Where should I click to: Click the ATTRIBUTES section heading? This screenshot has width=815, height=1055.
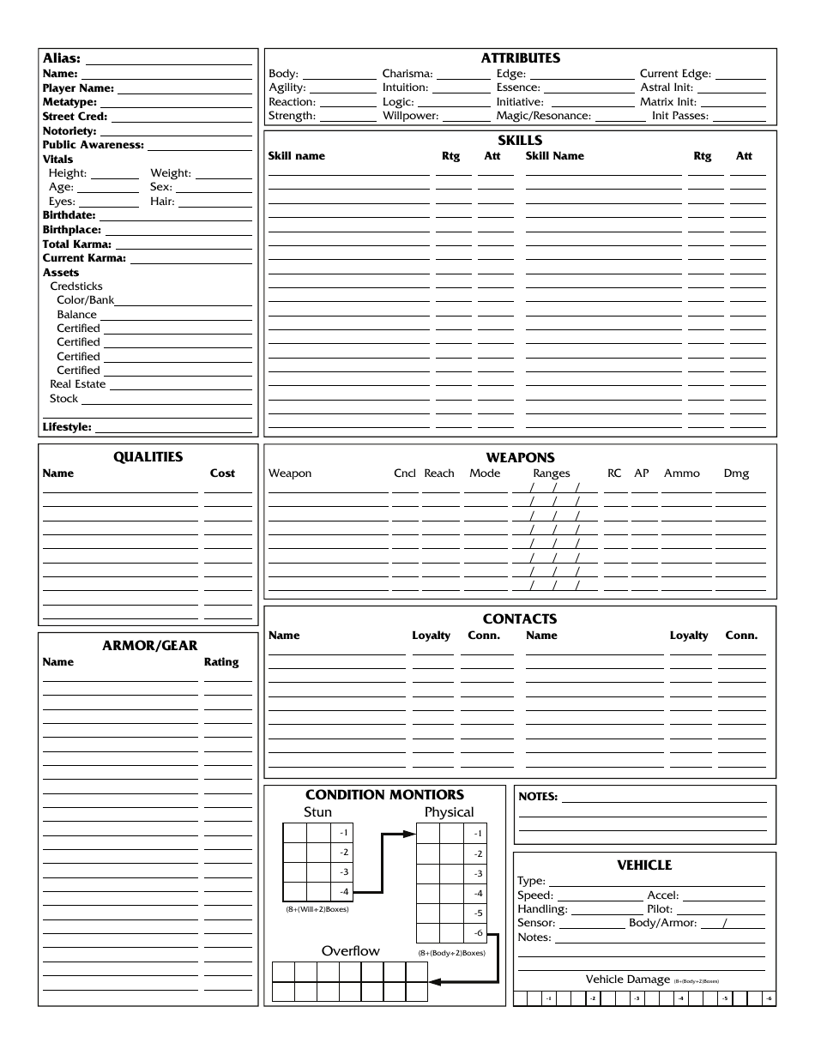520,58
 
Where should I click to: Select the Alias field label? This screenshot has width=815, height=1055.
62,58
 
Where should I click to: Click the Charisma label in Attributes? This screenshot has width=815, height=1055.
407,74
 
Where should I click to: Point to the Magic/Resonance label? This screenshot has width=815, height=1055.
543,116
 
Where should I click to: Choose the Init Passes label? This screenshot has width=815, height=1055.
680,116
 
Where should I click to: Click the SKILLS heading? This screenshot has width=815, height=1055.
520,141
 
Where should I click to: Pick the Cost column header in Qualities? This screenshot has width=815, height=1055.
222,473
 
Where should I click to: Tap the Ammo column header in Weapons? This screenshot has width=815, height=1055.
682,473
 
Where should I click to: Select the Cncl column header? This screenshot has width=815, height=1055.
405,473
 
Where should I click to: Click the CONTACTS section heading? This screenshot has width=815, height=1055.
520,618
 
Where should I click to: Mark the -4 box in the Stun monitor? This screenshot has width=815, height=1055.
343,892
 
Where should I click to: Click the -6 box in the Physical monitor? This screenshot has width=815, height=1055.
478,933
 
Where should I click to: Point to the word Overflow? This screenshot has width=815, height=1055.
350,950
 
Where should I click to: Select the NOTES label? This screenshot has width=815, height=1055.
538,797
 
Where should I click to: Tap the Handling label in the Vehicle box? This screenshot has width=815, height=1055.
542,909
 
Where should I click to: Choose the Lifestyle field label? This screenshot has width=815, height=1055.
67,427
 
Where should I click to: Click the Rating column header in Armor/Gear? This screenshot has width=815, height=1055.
221,662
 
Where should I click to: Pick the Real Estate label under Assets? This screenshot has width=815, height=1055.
78,384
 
